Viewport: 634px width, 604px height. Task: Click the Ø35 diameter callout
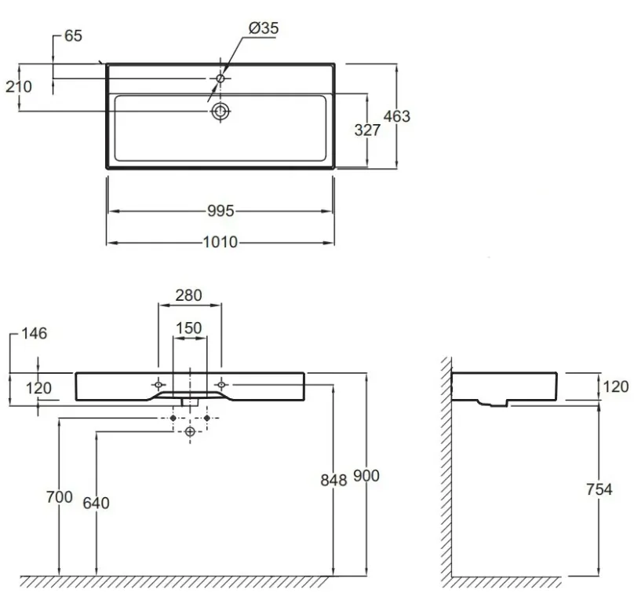[x=264, y=28]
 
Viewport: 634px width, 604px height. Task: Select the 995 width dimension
[x=220, y=211]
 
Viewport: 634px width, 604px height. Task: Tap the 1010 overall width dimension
[x=220, y=242]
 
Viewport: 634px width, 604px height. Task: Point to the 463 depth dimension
[x=397, y=116]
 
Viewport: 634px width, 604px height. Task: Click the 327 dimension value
[x=367, y=130]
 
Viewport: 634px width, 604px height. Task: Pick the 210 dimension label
[x=19, y=86]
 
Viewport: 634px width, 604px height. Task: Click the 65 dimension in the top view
[x=73, y=35]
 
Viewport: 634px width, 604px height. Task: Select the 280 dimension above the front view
[x=188, y=295]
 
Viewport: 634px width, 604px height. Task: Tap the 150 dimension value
[x=189, y=328]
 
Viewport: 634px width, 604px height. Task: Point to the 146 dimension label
[x=34, y=334]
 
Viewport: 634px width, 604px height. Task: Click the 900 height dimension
[x=366, y=476]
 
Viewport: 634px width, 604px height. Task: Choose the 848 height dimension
[x=333, y=480]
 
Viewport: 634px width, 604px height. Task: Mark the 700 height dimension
[x=60, y=497]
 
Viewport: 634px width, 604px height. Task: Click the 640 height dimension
[x=97, y=503]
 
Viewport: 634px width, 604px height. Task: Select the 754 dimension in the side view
[x=599, y=489]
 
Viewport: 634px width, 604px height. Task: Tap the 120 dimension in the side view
[x=616, y=386]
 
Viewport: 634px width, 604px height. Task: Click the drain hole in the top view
[x=220, y=111]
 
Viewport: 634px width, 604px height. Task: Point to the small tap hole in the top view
[x=220, y=78]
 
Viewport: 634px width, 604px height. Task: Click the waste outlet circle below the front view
[x=190, y=431]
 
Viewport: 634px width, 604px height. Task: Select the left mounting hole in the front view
[x=158, y=384]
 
